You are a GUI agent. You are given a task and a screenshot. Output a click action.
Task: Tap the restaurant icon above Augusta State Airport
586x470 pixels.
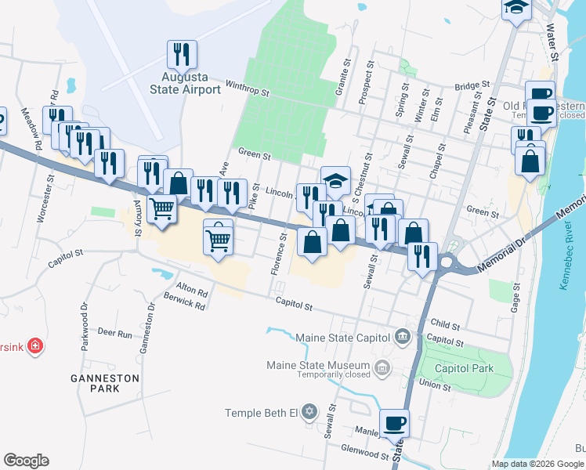tap(182, 54)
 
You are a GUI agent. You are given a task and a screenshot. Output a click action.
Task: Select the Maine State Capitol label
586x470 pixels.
tap(342, 338)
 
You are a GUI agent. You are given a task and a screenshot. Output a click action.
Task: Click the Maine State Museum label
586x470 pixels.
tap(317, 366)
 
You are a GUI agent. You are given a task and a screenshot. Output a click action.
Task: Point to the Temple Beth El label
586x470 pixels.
tap(262, 413)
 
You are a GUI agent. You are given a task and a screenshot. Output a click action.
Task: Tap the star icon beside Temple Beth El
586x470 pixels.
tap(309, 412)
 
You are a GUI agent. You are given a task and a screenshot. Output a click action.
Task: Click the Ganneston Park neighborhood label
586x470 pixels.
tap(114, 383)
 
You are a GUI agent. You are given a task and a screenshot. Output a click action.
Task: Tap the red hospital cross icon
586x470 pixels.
tap(34, 345)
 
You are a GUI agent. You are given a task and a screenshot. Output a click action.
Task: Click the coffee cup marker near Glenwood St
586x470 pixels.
tap(394, 424)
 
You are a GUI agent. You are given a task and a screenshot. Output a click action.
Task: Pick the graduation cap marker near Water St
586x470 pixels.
tap(516, 8)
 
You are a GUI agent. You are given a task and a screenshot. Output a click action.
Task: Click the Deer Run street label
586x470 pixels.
tap(114, 333)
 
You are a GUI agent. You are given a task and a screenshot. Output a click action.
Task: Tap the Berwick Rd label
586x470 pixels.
tap(184, 302)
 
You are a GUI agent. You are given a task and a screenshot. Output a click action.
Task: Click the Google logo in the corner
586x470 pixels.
tap(26, 461)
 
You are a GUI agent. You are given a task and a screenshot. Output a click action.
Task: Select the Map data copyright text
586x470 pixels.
tap(537, 464)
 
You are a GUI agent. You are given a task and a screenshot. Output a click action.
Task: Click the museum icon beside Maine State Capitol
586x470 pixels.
tap(403, 337)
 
